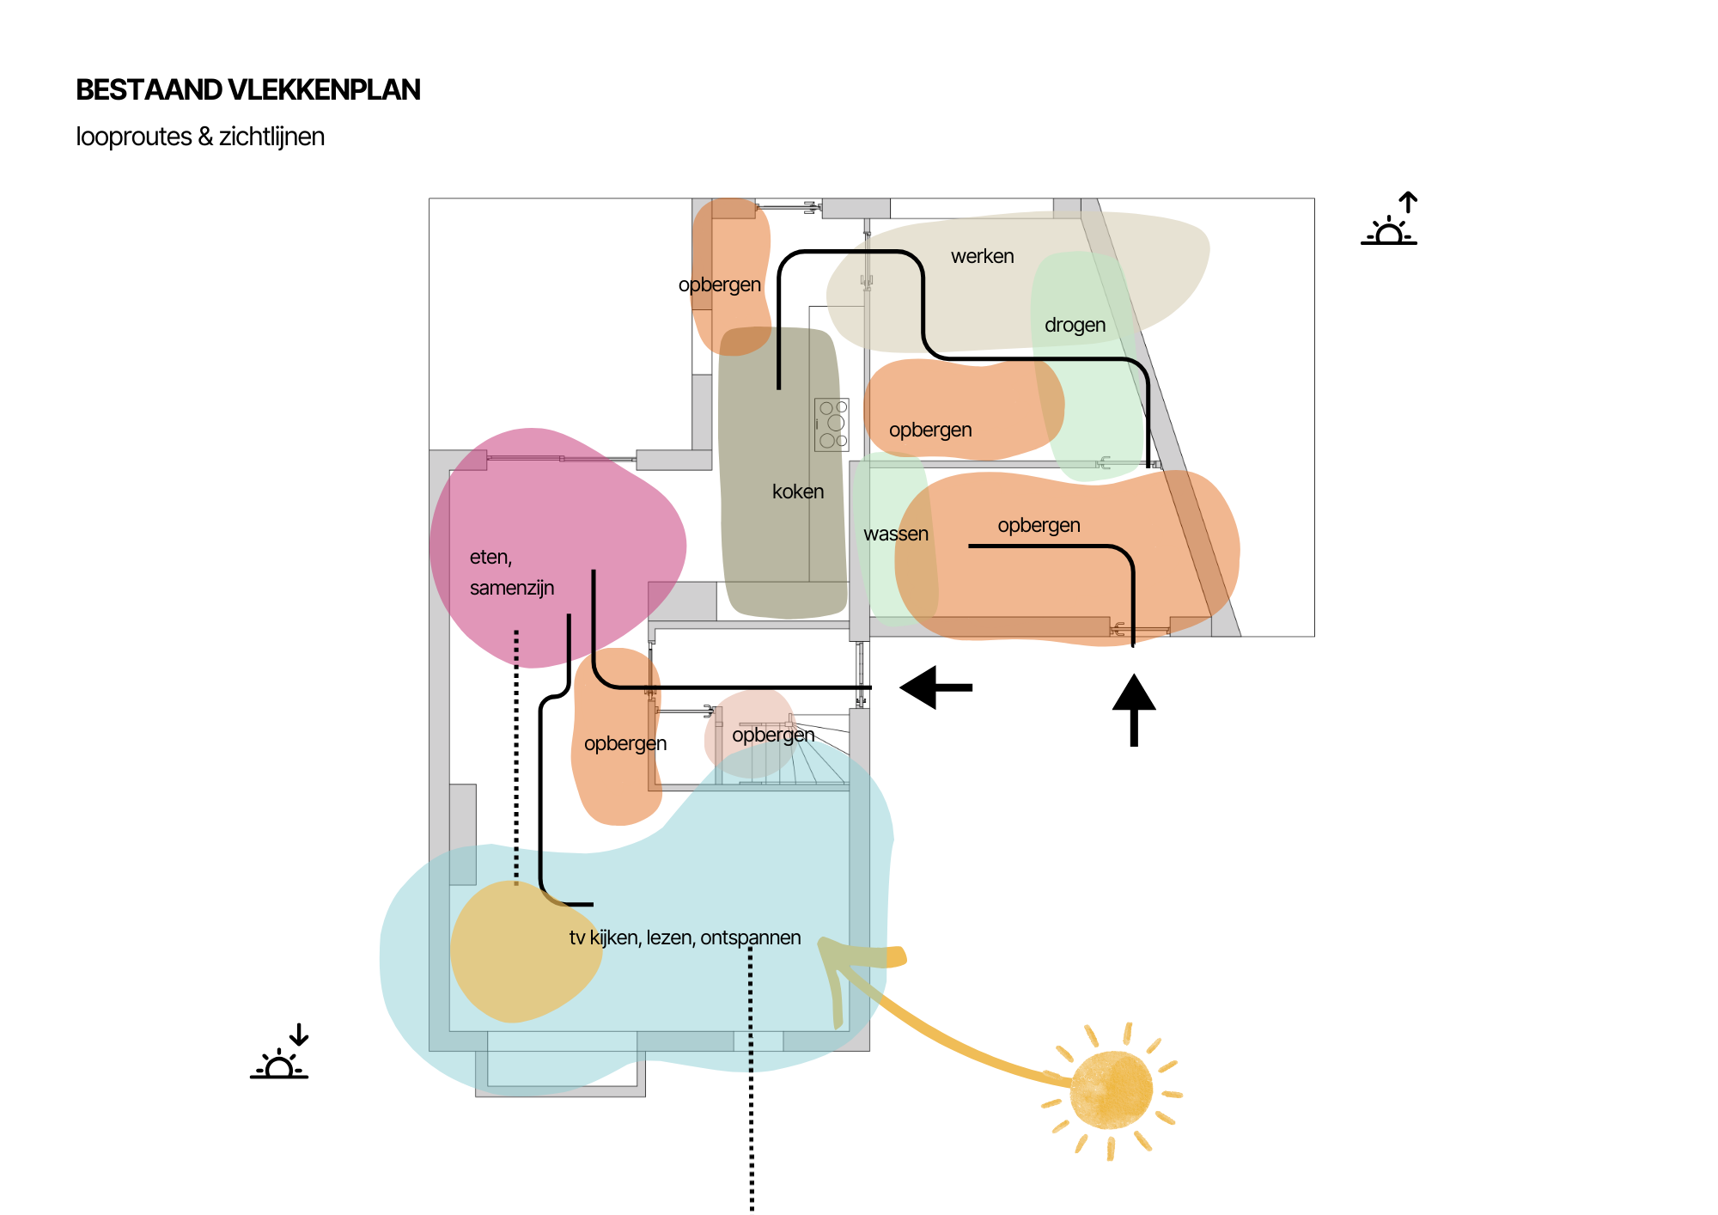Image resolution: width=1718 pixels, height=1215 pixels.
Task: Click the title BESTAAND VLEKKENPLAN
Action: [x=248, y=90]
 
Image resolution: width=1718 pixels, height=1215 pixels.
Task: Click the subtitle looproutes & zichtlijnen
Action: [x=200, y=137]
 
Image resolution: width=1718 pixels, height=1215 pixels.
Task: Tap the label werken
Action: [x=982, y=256]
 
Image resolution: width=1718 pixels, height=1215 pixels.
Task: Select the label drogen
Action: [x=1075, y=325]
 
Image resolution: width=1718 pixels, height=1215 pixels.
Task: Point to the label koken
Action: [x=797, y=491]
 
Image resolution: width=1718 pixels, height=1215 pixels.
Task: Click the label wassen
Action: [x=895, y=534]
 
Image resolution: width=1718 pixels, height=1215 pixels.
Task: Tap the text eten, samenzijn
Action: [x=511, y=572]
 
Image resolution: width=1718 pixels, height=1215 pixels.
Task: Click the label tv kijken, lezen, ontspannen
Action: [x=685, y=937]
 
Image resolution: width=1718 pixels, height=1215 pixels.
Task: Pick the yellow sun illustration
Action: [x=1112, y=1090]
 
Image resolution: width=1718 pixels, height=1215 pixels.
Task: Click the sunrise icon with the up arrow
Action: [x=1389, y=221]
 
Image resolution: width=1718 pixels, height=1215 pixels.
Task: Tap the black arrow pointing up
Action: [x=1134, y=709]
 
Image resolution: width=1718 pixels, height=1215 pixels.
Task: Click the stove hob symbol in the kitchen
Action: [x=832, y=424]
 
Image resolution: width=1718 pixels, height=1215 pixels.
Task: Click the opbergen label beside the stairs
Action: [x=773, y=735]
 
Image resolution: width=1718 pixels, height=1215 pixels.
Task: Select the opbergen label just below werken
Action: [x=930, y=430]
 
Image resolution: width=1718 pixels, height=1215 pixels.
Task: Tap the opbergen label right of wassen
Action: [x=1039, y=525]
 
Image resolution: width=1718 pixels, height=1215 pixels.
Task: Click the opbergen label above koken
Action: [x=719, y=284]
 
